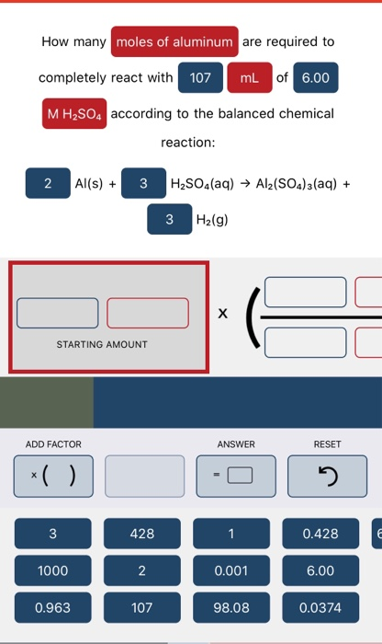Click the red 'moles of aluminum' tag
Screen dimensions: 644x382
tap(175, 42)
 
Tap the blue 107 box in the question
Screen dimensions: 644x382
tap(200, 78)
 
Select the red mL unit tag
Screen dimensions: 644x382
tap(249, 78)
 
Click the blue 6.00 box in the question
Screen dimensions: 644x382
tap(315, 78)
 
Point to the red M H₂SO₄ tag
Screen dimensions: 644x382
tap(75, 114)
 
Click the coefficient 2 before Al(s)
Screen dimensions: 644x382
tap(48, 183)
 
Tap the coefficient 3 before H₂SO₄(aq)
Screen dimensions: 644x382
tap(142, 183)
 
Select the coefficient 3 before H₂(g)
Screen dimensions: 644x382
tap(169, 220)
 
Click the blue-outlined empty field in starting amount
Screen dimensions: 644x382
tap(57, 313)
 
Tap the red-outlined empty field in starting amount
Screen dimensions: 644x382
tap(148, 313)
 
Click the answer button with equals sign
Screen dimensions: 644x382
tap(237, 476)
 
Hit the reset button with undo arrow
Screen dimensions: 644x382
tap(327, 476)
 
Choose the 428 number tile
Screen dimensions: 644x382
tap(142, 534)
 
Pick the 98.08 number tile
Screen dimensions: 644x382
tap(231, 607)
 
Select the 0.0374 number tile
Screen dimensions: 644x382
tap(320, 607)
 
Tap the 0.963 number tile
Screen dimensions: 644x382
tap(53, 607)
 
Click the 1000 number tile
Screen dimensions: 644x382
tap(53, 570)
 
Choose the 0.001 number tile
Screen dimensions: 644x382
tap(231, 570)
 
